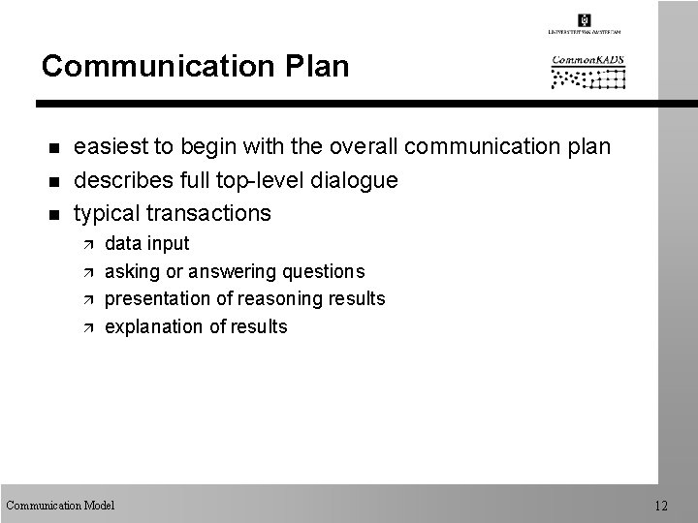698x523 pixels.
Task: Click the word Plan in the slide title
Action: pyautogui.click(x=312, y=66)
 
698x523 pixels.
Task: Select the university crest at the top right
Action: pyautogui.click(x=584, y=19)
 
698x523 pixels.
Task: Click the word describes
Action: pyautogui.click(x=121, y=179)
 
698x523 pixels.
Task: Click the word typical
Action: pyautogui.click(x=108, y=212)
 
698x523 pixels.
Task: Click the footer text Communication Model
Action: pyautogui.click(x=60, y=505)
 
